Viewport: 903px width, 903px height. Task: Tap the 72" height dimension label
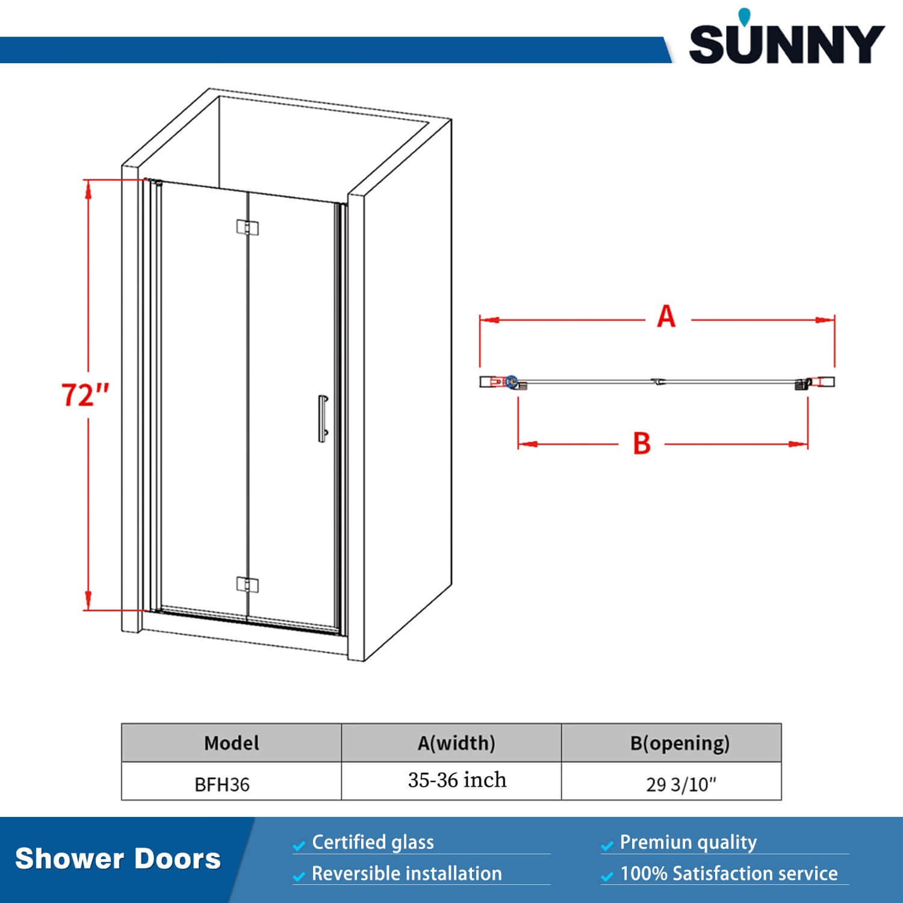pos(85,395)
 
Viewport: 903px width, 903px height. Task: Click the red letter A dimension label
pos(666,317)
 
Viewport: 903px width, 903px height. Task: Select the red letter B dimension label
pos(642,444)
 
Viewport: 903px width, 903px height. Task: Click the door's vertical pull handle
pos(323,418)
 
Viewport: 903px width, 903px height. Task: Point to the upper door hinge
pos(247,227)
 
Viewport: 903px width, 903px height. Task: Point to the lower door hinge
pos(247,585)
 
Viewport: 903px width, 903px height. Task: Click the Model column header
pos(231,743)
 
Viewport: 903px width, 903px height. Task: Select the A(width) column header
pos(456,743)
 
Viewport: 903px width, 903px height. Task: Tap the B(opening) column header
pos(680,743)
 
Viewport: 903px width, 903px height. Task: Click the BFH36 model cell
pos(222,784)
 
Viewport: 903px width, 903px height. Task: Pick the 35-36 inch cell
pos(457,780)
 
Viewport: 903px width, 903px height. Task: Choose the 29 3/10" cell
pos(681,784)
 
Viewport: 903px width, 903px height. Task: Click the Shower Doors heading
pos(118,859)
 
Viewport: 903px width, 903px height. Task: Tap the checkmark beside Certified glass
pos(299,846)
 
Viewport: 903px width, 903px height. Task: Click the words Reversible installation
pos(406,874)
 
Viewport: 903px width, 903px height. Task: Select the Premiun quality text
pos(688,842)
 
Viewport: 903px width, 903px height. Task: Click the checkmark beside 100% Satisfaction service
pos(607,877)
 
